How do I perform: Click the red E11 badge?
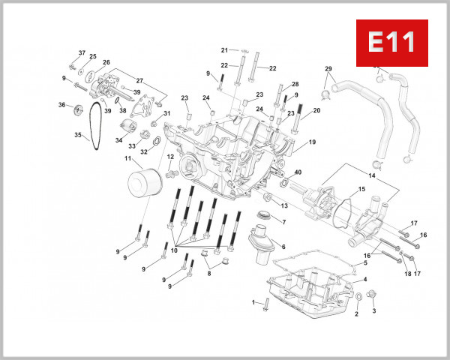[x=391, y=42]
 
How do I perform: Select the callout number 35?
[x=77, y=135]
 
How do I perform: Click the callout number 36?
[x=62, y=105]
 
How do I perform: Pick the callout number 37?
[x=82, y=53]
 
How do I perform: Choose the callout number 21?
[x=224, y=50]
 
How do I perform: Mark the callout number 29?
[x=328, y=69]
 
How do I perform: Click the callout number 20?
[x=316, y=110]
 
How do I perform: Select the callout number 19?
[x=312, y=142]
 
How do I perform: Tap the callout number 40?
[x=298, y=172]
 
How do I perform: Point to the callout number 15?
[x=361, y=189]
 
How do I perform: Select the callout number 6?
[x=283, y=246]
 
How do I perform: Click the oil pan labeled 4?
[x=315, y=289]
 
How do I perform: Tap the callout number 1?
[x=254, y=302]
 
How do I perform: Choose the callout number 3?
[x=374, y=310]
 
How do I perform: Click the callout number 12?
[x=170, y=157]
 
